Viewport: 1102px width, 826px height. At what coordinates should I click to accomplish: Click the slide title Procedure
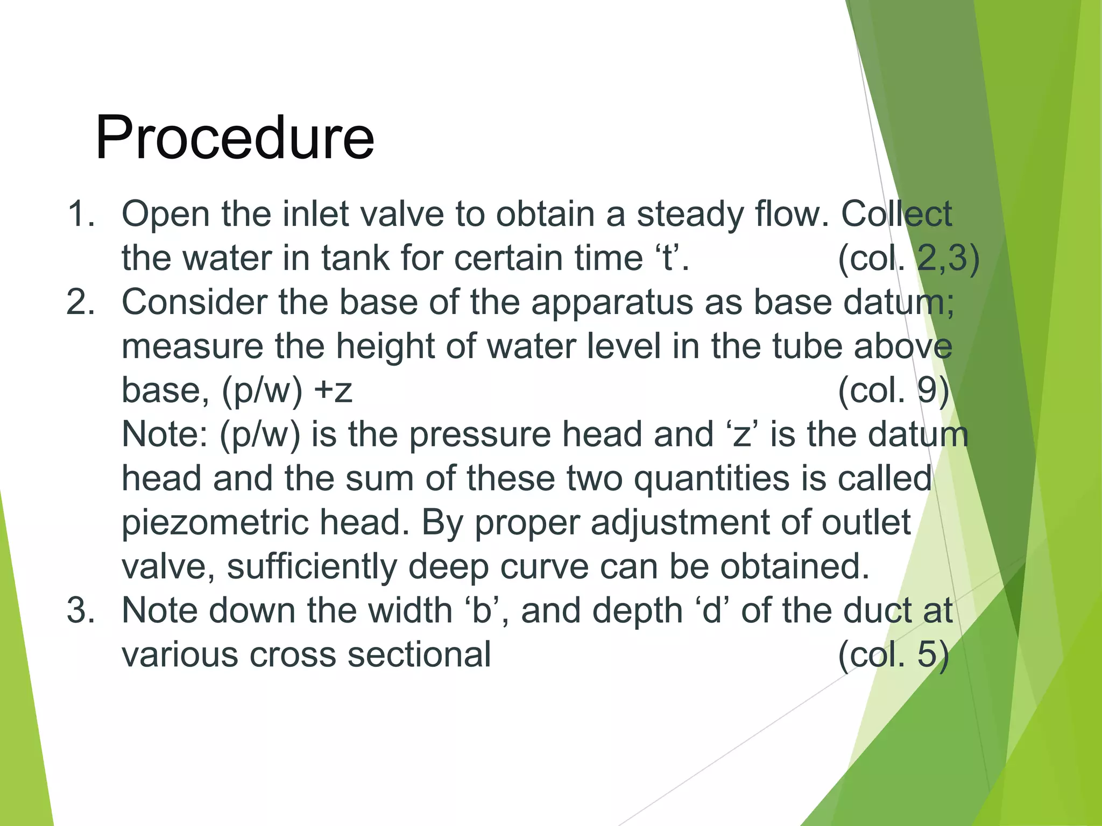pyautogui.click(x=235, y=138)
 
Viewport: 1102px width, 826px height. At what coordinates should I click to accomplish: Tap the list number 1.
pyautogui.click(x=81, y=213)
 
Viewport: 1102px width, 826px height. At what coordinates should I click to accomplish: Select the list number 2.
pyautogui.click(x=81, y=302)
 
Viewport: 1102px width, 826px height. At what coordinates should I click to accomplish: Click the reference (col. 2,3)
pyautogui.click(x=909, y=258)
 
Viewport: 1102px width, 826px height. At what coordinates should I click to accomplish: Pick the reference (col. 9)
pyautogui.click(x=894, y=390)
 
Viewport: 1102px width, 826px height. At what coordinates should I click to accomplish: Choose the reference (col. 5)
pyautogui.click(x=894, y=654)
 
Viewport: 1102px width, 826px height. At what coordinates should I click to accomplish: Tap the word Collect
pyautogui.click(x=896, y=213)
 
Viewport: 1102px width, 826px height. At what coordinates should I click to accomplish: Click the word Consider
pyautogui.click(x=195, y=302)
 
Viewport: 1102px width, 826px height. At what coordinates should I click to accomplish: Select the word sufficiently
pyautogui.click(x=312, y=567)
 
